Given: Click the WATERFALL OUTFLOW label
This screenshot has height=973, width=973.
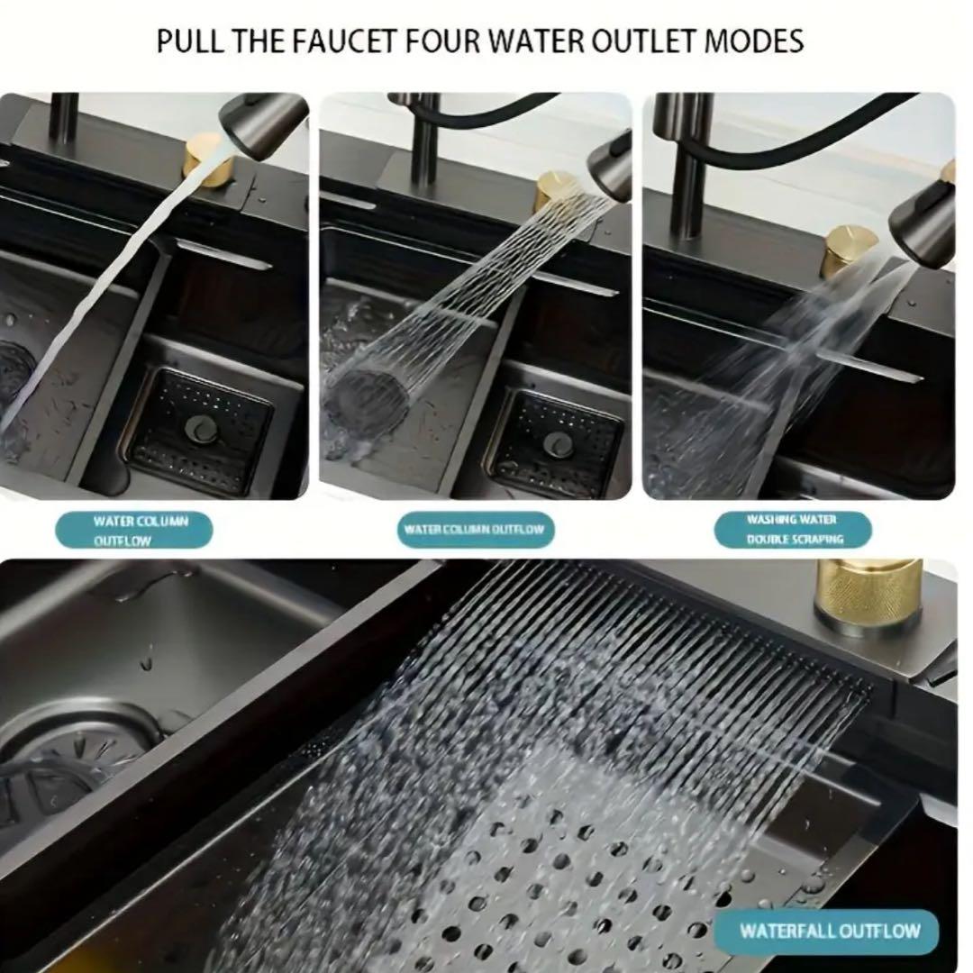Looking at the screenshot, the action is (829, 931).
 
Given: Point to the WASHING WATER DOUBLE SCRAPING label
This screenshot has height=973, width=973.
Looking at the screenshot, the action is (794, 530).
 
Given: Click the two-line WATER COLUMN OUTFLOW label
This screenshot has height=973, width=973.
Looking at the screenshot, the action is (133, 530).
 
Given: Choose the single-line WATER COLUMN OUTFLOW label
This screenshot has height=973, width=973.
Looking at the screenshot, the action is (475, 530).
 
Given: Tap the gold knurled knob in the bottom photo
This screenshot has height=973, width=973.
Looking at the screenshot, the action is (868, 596).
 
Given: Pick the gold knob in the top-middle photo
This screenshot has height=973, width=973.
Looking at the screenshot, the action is (555, 190).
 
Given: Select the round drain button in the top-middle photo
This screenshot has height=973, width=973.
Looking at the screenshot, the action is (556, 442).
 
